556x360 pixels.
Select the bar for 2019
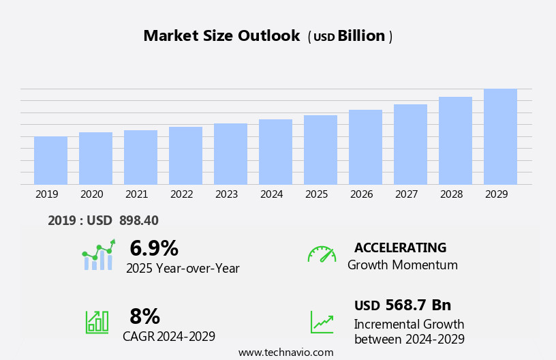pos(50,160)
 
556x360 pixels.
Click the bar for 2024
pos(275,152)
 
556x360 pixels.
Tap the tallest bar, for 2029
pos(500,136)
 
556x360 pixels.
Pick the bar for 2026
pos(365,147)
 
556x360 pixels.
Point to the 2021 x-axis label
pos(136,194)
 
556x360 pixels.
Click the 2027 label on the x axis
pos(406,194)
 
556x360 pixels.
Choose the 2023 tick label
pos(226,194)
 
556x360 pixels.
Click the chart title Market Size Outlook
pos(221,36)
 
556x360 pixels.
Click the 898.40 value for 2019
pos(138,220)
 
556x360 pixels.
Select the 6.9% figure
pos(154,248)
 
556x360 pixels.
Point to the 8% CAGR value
pos(144,316)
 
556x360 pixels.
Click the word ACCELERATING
pos(400,247)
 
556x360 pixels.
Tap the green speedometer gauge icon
pos(322,254)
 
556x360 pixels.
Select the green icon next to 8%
pos(97,321)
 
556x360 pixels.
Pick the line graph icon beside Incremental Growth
pos(322,322)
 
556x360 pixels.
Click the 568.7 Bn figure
pos(418,305)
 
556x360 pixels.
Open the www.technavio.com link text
pos(285,352)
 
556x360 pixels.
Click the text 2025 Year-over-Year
pos(183,269)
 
